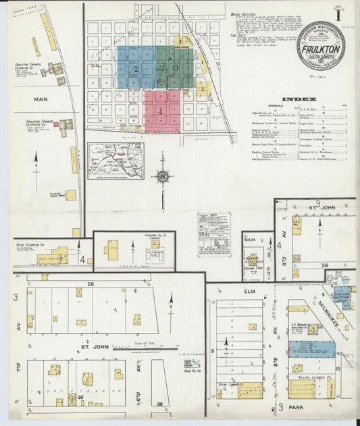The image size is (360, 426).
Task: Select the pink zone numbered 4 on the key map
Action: pos(161,110)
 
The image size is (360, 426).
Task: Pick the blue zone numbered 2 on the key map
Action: pos(136,68)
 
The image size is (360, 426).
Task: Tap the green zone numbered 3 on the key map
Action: pos(176,68)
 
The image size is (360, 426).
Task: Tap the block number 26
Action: pos(89,284)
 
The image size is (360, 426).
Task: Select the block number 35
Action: pos(82,398)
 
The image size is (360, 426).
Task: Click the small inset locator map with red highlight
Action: pos(115,161)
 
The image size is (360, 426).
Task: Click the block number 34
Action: pos(324,265)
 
